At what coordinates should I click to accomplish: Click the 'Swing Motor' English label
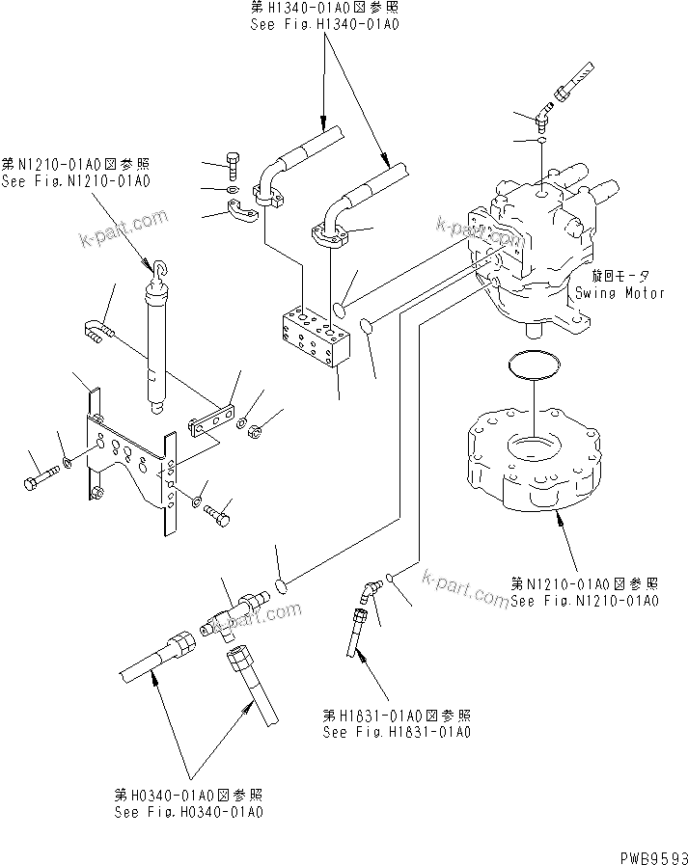tap(619, 292)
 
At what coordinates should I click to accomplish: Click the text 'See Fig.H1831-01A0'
tap(397, 731)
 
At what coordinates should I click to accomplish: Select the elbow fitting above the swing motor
tap(544, 118)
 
